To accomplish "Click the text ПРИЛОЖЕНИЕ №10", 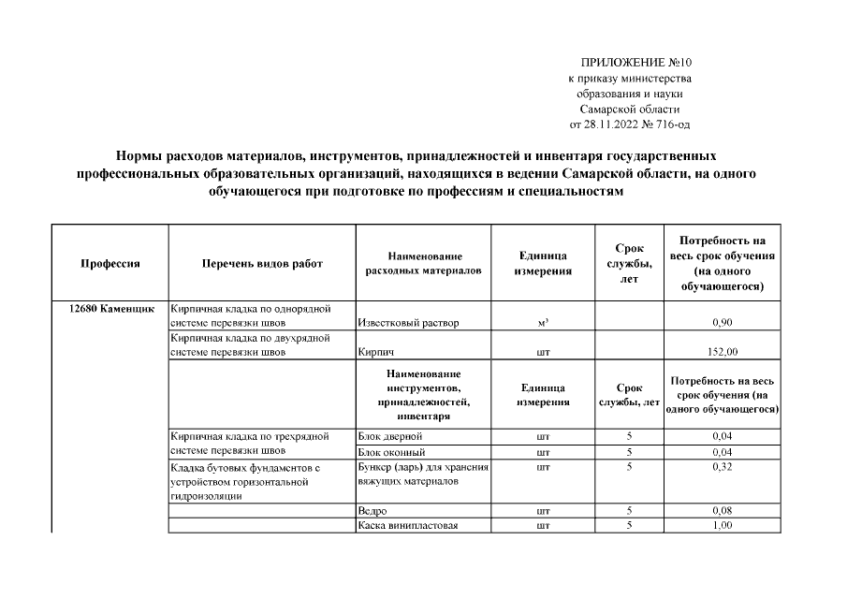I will (x=635, y=62).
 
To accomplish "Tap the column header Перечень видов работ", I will (x=262, y=264).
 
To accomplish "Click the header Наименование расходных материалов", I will (x=424, y=263).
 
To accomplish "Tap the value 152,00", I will (x=721, y=354).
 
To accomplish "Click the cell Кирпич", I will (x=374, y=354).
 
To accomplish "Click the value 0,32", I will (x=721, y=466).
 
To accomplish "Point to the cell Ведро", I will (x=372, y=511).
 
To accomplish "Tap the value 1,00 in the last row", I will (x=721, y=526).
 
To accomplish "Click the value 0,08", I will (x=721, y=511).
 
